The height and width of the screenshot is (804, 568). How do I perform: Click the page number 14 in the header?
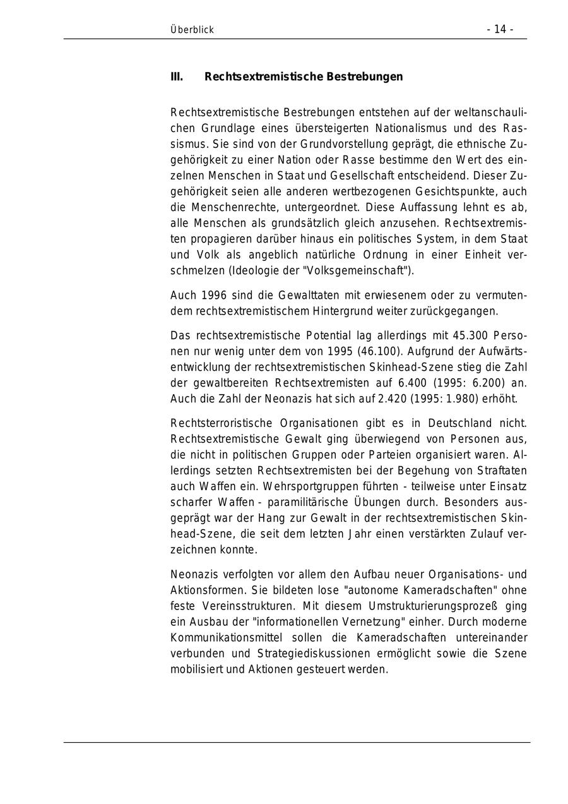pyautogui.click(x=500, y=30)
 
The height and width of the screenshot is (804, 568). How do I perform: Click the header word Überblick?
pyautogui.click(x=192, y=30)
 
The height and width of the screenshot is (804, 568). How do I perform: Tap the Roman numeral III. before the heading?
pyautogui.click(x=177, y=77)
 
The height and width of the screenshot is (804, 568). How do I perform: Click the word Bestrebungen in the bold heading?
pyautogui.click(x=364, y=77)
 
